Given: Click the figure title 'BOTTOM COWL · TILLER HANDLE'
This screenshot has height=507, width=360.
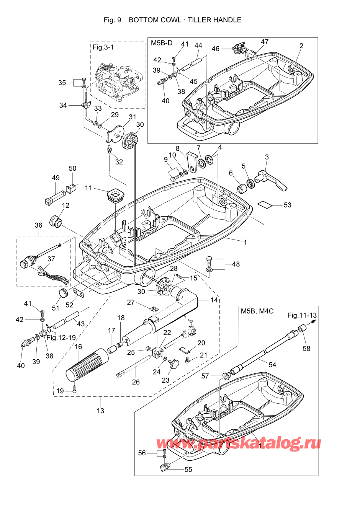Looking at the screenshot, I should (185, 20).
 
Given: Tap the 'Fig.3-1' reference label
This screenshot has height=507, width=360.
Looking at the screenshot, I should (103, 47).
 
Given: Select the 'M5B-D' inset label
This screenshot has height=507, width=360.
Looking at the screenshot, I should (162, 43).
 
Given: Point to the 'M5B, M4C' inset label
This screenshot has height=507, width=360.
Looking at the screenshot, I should (257, 311).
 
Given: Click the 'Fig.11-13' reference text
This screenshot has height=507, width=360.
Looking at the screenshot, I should (302, 315).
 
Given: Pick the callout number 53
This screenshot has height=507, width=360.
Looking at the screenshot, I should (287, 205).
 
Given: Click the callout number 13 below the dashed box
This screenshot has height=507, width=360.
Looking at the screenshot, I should (100, 411).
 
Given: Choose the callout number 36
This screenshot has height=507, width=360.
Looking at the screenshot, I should (38, 225).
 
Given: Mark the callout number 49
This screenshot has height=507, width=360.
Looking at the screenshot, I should (56, 178).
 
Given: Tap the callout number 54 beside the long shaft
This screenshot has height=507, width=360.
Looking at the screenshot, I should (272, 365).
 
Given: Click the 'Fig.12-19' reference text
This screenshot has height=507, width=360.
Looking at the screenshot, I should (61, 337).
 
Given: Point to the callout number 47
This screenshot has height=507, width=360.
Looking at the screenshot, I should (265, 42).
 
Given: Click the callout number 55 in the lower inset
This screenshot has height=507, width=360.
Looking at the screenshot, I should (188, 470).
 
